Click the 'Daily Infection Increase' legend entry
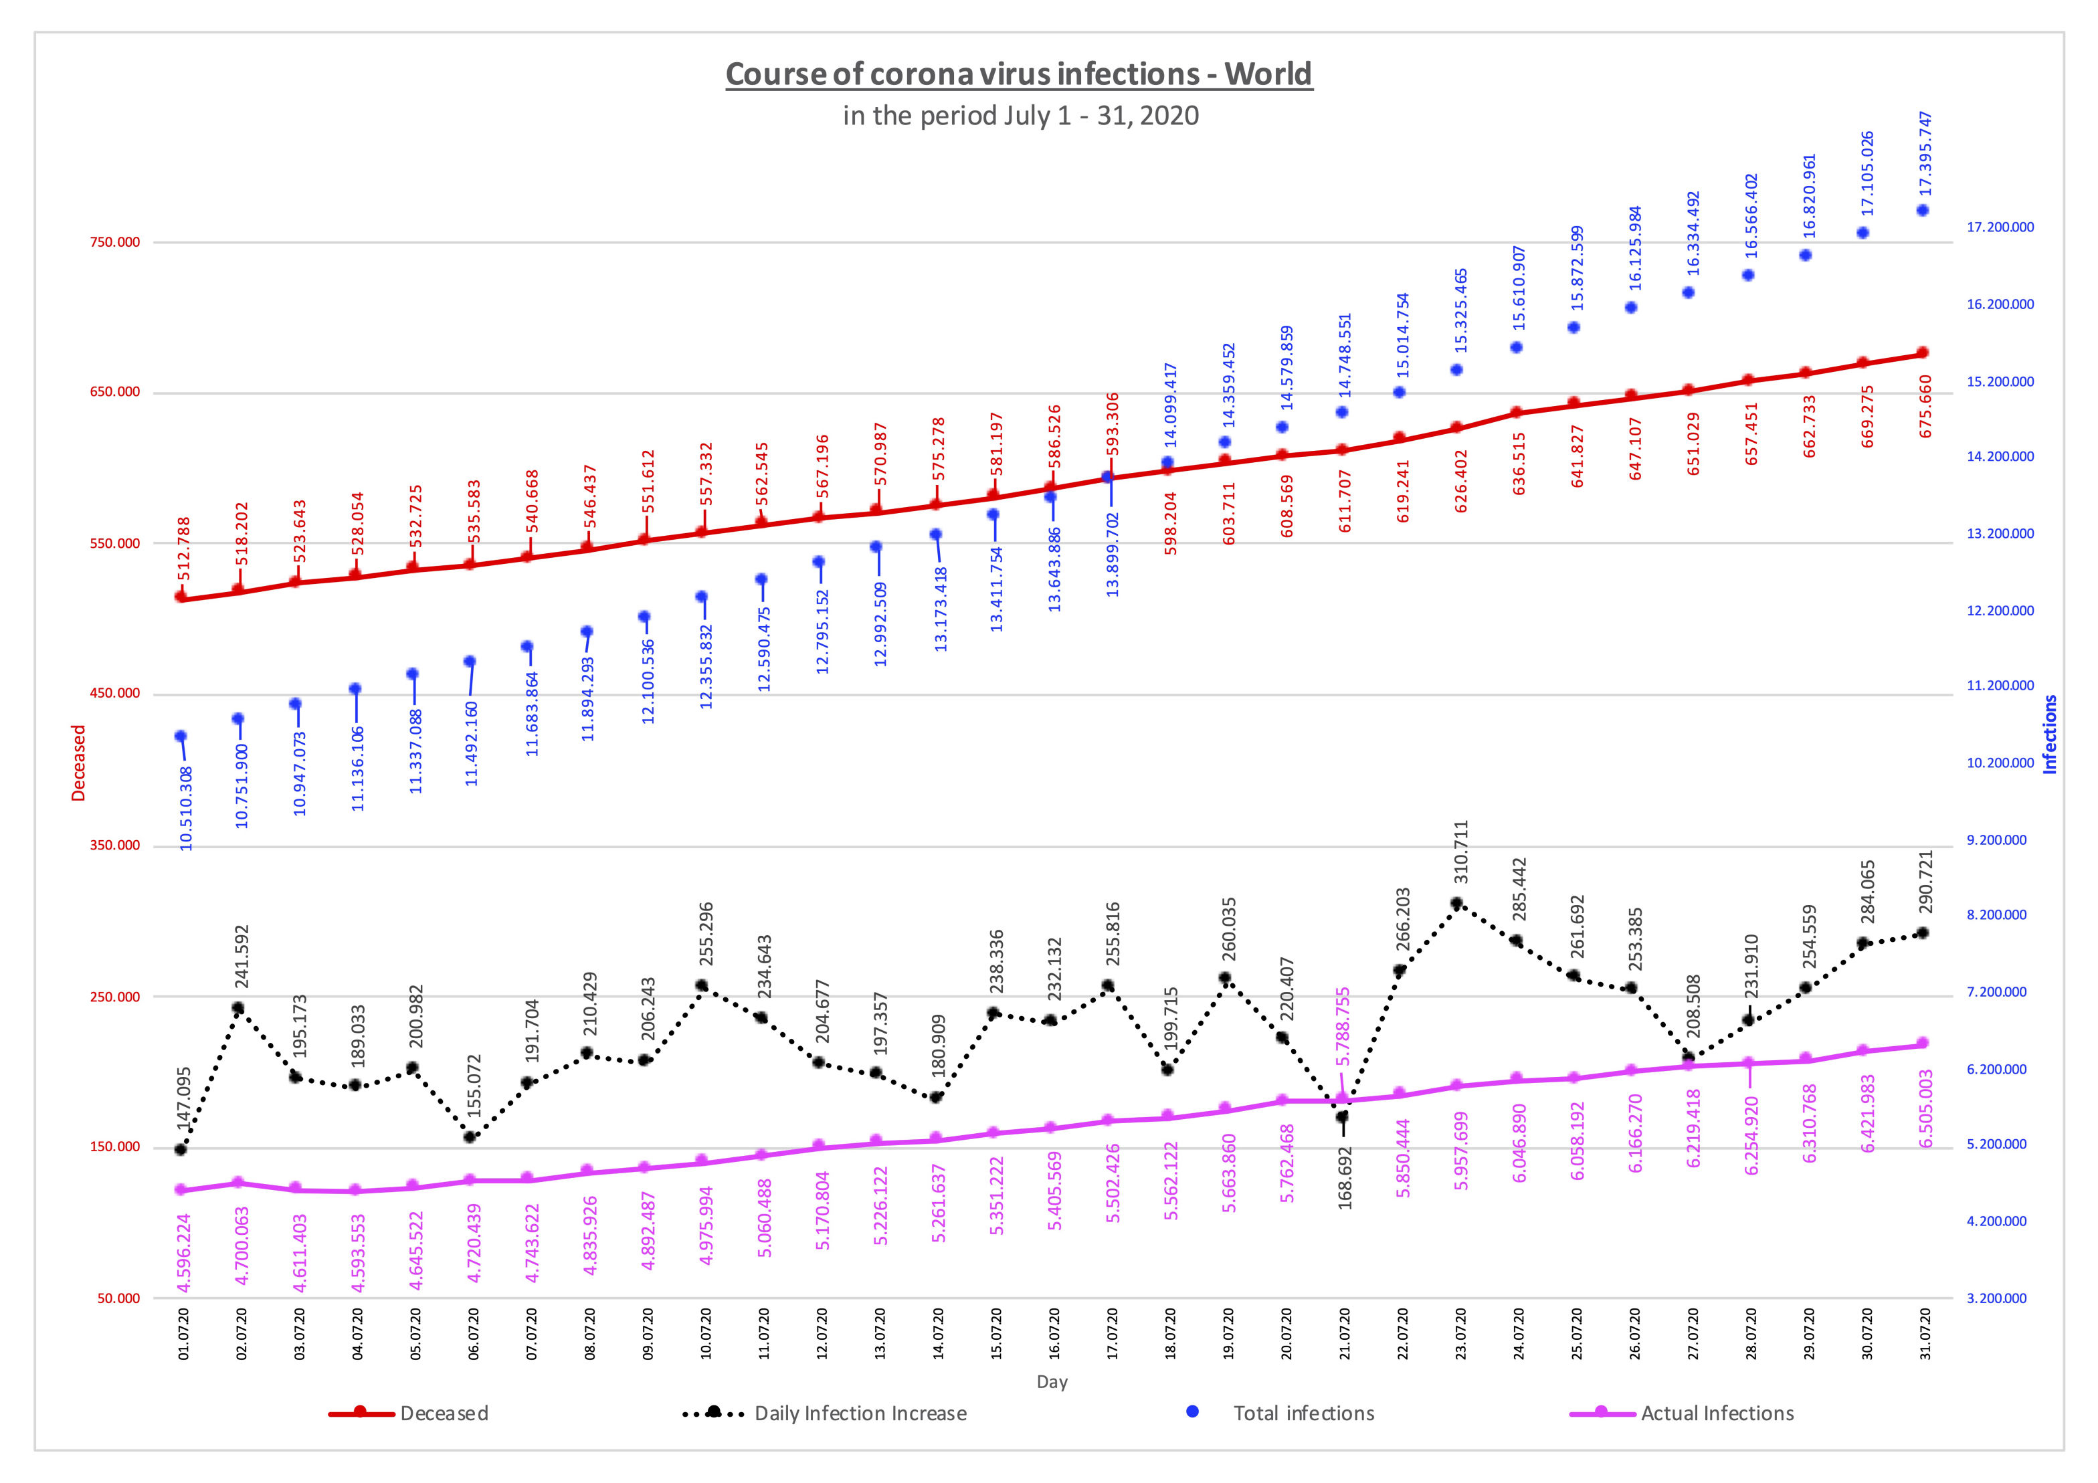(860, 1413)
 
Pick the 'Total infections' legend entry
(1303, 1413)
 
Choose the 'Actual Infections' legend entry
(1717, 1413)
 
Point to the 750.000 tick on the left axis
(115, 242)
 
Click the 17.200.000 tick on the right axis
(2000, 227)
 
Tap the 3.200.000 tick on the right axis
(1996, 1298)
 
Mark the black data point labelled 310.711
(1456, 904)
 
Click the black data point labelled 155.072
(470, 1136)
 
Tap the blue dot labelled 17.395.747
(1923, 210)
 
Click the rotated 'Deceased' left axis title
(78, 763)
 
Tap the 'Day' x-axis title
(1052, 1381)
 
